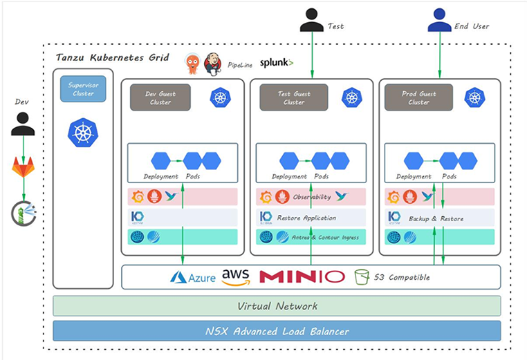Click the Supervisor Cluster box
coord(83,89)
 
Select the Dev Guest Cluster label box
coord(160,97)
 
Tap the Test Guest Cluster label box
coord(293,97)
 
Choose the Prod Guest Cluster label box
coord(418,97)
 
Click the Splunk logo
coord(277,63)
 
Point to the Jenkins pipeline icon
coord(212,64)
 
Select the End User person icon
coord(439,20)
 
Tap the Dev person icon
coord(23,124)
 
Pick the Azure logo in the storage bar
coord(193,277)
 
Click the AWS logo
coord(236,277)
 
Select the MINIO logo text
coord(302,277)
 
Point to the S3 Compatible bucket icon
coord(360,277)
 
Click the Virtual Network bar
coord(277,306)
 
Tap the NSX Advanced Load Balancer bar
coord(277,331)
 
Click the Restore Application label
coord(306,218)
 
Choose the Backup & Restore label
coord(436,218)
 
